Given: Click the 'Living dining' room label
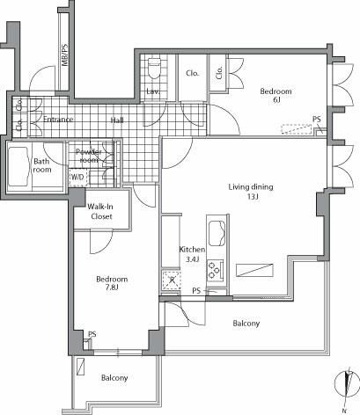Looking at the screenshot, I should (251, 186).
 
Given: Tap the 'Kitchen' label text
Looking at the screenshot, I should (192, 249).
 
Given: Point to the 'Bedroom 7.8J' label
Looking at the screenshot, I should (113, 284).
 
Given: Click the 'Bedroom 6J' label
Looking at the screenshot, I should (276, 96).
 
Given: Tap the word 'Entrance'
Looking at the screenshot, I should (54, 120).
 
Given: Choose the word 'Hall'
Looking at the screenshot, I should (117, 120).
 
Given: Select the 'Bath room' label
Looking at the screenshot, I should (41, 166).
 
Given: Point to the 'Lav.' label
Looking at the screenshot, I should (152, 91).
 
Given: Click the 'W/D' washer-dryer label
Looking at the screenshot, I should (77, 176).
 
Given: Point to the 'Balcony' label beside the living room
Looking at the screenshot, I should (246, 324).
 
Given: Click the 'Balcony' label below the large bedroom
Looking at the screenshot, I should (114, 378).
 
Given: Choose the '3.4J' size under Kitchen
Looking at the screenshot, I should (193, 259).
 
